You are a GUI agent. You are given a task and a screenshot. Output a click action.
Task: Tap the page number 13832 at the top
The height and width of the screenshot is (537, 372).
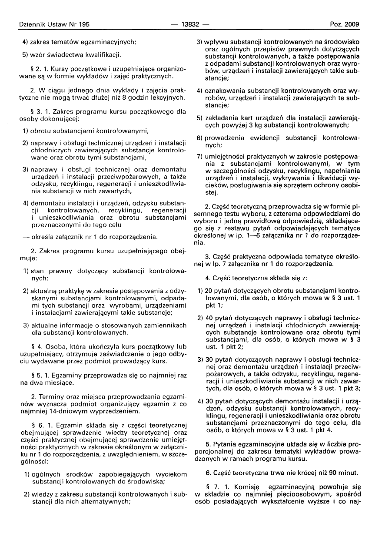point(190,25)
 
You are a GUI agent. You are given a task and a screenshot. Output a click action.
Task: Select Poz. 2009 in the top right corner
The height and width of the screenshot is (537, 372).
point(345,25)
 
